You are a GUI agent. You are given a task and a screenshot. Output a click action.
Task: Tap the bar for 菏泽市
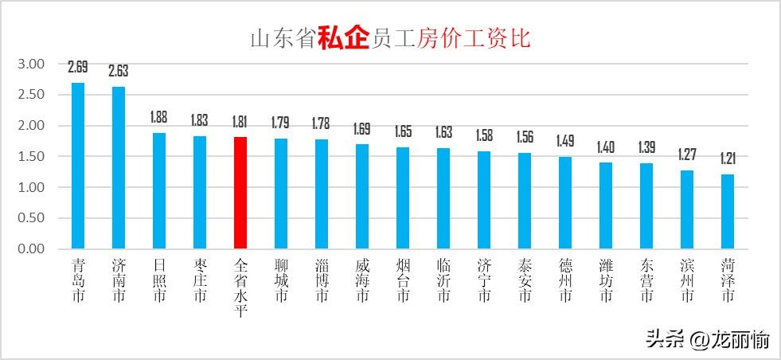(728, 211)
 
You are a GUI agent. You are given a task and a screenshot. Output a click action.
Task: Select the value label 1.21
(728, 158)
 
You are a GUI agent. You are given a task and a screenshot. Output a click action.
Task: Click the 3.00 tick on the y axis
(31, 64)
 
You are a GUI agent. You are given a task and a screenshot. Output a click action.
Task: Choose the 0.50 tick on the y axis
(31, 217)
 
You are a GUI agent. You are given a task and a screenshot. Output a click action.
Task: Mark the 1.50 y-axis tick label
(31, 156)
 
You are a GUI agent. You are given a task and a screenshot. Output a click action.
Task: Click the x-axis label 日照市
(159, 280)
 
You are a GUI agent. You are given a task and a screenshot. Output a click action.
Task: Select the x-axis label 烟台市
(403, 280)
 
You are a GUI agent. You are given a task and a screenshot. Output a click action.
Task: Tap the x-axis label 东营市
(646, 280)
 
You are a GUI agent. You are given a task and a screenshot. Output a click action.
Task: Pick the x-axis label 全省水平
(240, 287)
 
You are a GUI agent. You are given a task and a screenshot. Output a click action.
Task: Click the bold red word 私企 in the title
(344, 37)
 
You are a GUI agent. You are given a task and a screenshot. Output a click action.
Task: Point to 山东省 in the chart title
(283, 38)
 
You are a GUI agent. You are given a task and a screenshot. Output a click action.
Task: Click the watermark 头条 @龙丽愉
(707, 340)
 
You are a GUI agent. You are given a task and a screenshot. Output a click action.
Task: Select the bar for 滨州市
(687, 209)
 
